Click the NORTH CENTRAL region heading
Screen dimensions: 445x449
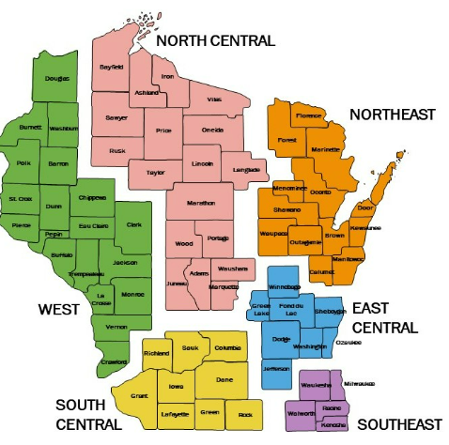[215, 40]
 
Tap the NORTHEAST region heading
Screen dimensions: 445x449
[392, 115]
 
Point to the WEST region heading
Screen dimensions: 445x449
[57, 309]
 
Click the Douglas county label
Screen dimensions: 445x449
[57, 79]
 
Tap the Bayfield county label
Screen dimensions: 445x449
[113, 68]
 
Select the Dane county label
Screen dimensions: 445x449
[224, 379]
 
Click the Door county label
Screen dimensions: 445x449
[365, 207]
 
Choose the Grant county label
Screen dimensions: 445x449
[140, 396]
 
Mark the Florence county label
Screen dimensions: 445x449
[309, 115]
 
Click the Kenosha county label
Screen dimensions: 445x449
[333, 425]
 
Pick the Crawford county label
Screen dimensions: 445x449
[114, 361]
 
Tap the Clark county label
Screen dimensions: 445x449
[134, 224]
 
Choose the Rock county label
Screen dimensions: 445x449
[246, 413]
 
